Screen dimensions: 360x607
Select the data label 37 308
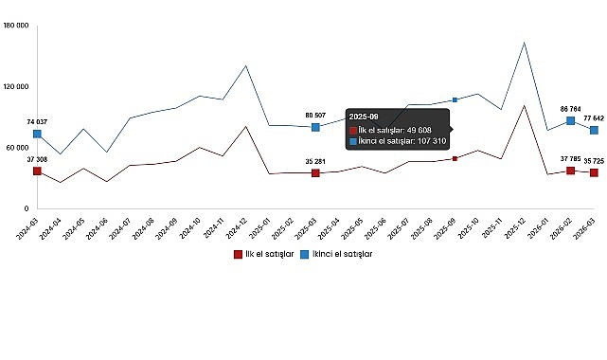point(36,160)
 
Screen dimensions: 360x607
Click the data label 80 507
point(315,116)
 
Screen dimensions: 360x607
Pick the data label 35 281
point(315,162)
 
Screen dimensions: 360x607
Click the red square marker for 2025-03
point(315,173)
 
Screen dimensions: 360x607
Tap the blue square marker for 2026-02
point(570,120)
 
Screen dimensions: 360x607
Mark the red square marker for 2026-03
point(594,172)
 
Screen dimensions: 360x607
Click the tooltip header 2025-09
point(365,117)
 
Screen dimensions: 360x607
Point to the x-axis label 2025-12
point(517,227)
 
